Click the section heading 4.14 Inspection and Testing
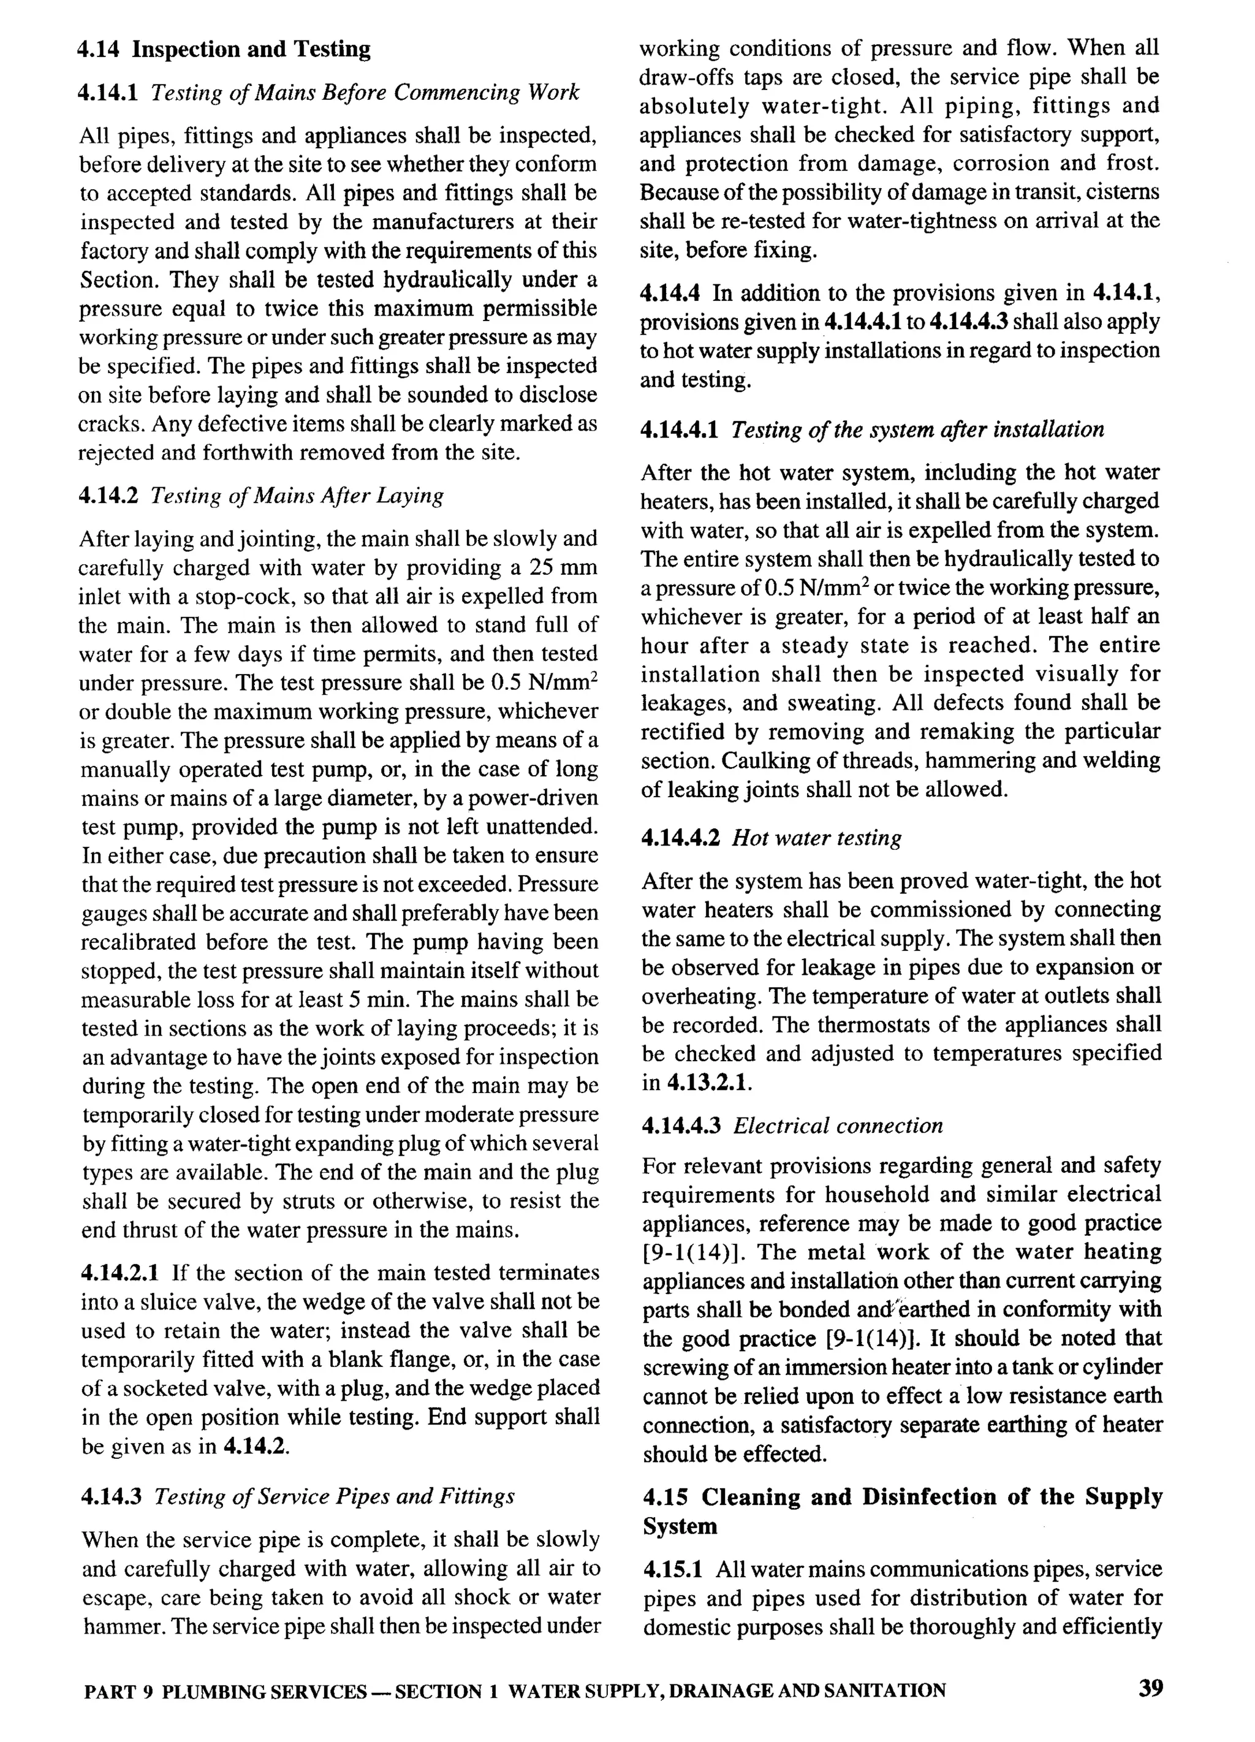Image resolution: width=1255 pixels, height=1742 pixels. [x=224, y=50]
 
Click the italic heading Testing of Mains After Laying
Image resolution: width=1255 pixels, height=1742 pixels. [x=297, y=496]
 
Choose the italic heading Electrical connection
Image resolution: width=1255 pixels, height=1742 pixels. [x=838, y=1126]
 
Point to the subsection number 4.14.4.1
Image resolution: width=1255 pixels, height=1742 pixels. [x=679, y=430]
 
